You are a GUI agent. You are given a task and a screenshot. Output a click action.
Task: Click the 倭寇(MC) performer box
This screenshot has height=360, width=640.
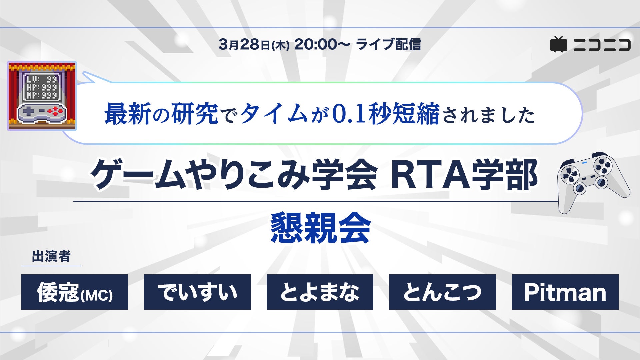click(x=75, y=292)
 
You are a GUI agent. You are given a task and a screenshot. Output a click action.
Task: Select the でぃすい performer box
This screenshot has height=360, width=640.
click(x=197, y=292)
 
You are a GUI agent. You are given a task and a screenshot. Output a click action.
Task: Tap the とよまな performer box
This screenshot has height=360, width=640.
click(x=320, y=292)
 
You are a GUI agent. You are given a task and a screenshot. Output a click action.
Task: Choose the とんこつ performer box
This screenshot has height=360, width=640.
click(x=443, y=292)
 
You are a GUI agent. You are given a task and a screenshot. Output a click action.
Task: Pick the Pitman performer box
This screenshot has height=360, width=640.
click(x=565, y=292)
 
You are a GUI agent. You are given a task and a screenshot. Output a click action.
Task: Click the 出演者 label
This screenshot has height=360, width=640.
click(x=51, y=256)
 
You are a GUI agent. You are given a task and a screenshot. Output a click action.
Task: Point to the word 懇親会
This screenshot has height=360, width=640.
click(x=320, y=228)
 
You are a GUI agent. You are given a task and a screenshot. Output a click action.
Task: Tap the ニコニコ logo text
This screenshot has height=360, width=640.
click(x=602, y=45)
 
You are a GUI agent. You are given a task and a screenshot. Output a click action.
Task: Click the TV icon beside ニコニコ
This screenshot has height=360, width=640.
click(x=559, y=44)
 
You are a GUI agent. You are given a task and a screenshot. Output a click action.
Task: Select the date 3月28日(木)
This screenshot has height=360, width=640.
click(x=254, y=44)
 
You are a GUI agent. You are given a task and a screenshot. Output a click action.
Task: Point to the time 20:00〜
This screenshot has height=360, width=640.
click(x=322, y=44)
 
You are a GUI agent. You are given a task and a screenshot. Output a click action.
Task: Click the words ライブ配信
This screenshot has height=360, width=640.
click(x=389, y=44)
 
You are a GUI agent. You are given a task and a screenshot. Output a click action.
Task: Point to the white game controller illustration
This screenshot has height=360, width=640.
click(x=594, y=182)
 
